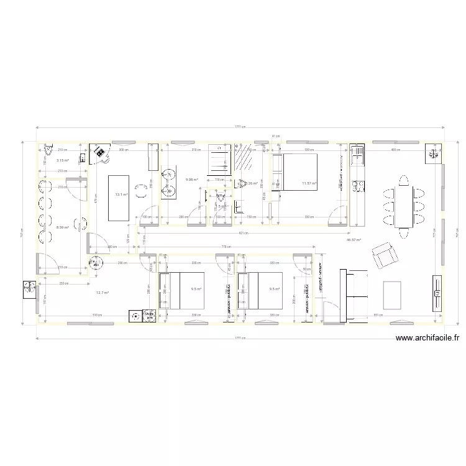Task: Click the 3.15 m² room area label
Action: (62, 160)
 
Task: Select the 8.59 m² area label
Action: (62, 227)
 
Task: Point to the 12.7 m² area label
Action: (103, 293)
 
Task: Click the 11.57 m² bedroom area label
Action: (309, 183)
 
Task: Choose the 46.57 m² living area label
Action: (354, 239)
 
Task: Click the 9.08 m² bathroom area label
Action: (191, 180)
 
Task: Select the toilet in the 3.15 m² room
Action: (48, 150)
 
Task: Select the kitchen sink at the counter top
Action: (358, 186)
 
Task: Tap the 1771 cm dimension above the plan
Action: (239, 127)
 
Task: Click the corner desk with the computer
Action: (99, 153)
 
